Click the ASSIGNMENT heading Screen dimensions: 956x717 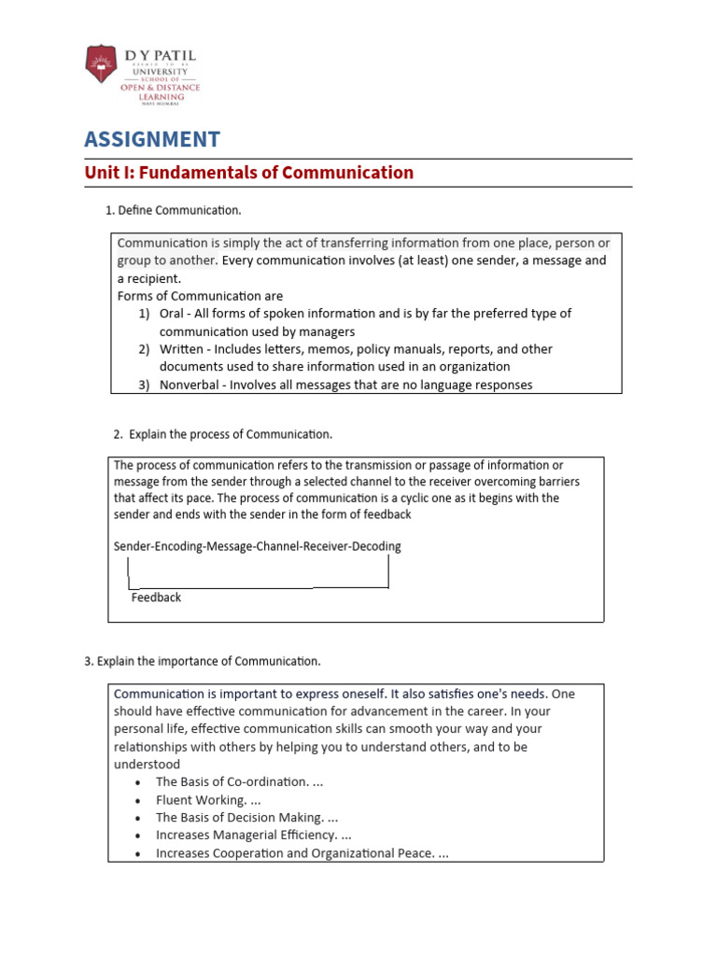[x=152, y=140]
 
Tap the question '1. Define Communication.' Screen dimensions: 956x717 [x=174, y=210]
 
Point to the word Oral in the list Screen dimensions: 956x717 [x=172, y=314]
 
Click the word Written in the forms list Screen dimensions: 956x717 [x=179, y=349]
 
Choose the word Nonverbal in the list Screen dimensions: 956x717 [x=190, y=385]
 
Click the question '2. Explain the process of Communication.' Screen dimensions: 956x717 [x=222, y=434]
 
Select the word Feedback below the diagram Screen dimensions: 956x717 [x=156, y=597]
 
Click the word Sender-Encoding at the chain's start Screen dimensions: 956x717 [x=154, y=546]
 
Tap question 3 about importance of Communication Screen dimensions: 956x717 [x=203, y=661]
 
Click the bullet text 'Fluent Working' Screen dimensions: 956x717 [x=201, y=800]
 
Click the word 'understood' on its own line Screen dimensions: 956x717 [x=147, y=765]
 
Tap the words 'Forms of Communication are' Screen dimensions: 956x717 [x=200, y=296]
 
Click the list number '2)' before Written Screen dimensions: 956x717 [x=145, y=349]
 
